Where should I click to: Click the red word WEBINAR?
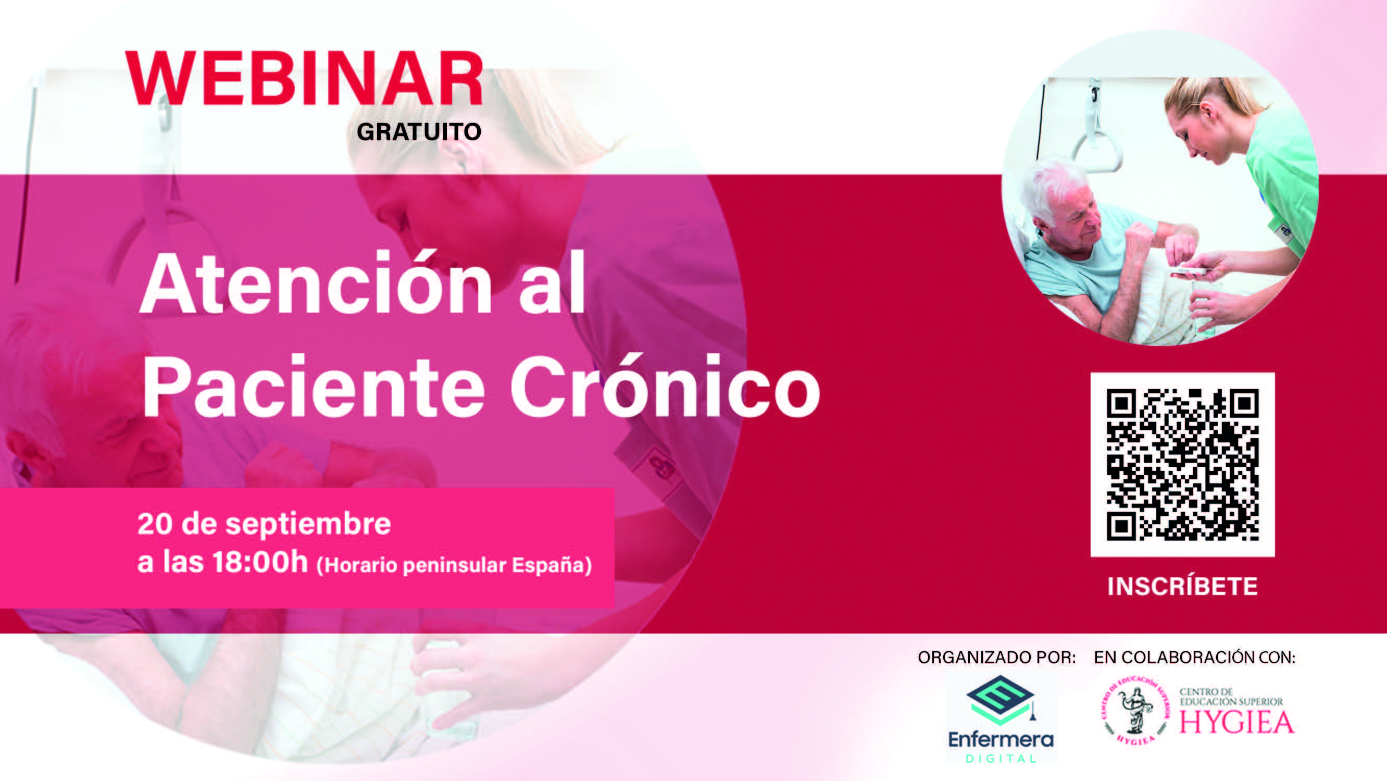[x=304, y=78]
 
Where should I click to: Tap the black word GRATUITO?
[x=419, y=132]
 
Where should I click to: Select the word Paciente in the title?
[x=314, y=386]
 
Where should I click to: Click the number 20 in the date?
[x=155, y=524]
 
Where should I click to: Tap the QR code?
[x=1182, y=464]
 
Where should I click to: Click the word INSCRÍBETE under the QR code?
[x=1182, y=586]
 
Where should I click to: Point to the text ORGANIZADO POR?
[x=997, y=657]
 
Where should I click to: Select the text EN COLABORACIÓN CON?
[x=1195, y=657]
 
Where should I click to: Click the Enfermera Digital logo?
[x=1001, y=719]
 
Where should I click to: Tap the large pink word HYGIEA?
[x=1237, y=722]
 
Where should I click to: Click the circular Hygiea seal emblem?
[x=1134, y=712]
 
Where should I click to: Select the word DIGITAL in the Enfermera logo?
[x=1001, y=759]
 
